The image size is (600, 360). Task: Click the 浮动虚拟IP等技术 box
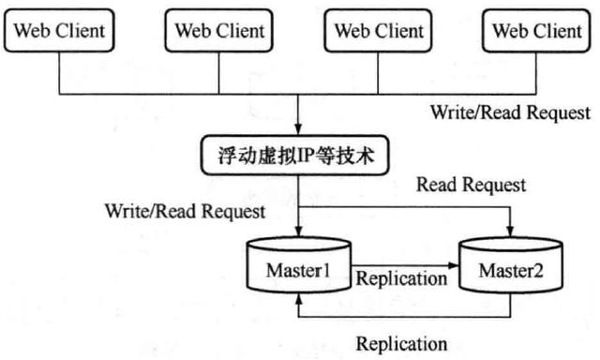pyautogui.click(x=297, y=155)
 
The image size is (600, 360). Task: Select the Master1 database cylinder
pyautogui.click(x=297, y=267)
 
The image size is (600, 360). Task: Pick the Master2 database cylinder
pyautogui.click(x=511, y=268)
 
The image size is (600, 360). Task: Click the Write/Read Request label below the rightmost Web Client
pyautogui.click(x=511, y=112)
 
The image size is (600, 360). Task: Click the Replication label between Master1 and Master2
pyautogui.click(x=402, y=278)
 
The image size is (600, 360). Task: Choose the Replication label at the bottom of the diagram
pyautogui.click(x=402, y=342)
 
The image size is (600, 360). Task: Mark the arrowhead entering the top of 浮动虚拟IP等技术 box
pyautogui.click(x=297, y=130)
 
